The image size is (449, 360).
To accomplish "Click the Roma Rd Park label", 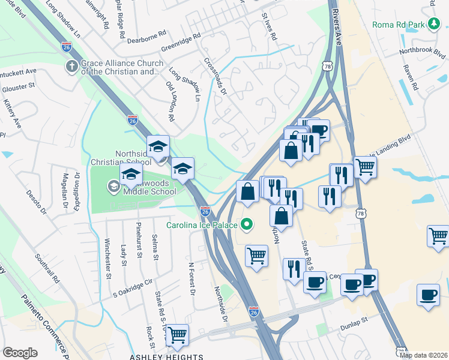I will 399,25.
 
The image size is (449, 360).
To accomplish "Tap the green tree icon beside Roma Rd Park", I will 436,25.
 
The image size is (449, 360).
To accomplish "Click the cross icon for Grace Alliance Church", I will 71,65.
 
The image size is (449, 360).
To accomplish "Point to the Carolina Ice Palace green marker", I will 246,226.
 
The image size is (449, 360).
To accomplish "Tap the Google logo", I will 20,353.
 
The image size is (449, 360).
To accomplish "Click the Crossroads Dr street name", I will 215,76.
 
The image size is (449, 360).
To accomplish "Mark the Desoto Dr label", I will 35,202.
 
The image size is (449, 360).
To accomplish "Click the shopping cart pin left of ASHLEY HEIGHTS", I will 177,335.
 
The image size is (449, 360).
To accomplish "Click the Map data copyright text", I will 423,355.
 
